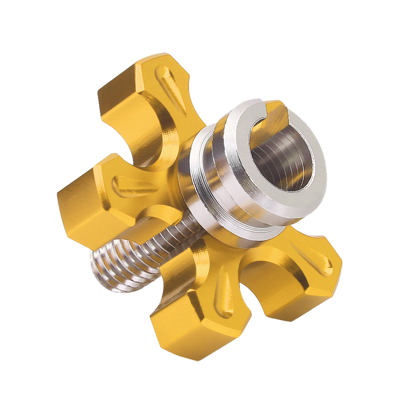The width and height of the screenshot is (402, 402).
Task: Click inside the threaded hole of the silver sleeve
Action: pyautogui.click(x=281, y=161)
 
